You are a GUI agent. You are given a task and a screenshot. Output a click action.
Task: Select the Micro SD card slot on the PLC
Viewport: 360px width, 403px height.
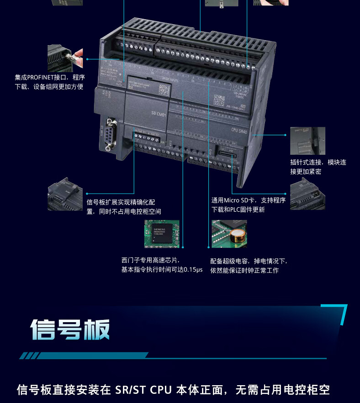click(226, 155)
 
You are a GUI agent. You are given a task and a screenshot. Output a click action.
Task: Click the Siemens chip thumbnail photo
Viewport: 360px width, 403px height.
click(162, 234)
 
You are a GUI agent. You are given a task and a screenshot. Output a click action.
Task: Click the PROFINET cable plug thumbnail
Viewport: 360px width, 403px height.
click(65, 58)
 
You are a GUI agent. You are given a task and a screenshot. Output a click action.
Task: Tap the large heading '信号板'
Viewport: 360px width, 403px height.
click(70, 330)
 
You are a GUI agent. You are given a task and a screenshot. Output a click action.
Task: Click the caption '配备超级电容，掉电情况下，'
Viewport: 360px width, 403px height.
click(249, 261)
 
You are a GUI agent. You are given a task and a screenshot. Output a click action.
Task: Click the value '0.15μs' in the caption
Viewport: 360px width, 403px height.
click(192, 270)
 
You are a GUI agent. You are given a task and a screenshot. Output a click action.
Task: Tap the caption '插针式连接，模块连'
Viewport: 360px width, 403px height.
click(318, 162)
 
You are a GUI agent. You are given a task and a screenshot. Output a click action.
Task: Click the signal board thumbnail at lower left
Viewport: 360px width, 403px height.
click(64, 197)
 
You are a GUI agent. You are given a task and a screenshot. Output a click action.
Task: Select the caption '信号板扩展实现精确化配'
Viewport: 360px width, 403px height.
click(121, 202)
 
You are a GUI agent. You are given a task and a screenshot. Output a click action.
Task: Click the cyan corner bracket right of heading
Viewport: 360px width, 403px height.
click(338, 312)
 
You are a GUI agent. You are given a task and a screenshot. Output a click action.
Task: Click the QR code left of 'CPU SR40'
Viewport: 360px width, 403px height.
click(219, 100)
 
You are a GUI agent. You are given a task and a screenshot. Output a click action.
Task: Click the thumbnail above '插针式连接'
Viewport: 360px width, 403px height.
click(307, 141)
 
